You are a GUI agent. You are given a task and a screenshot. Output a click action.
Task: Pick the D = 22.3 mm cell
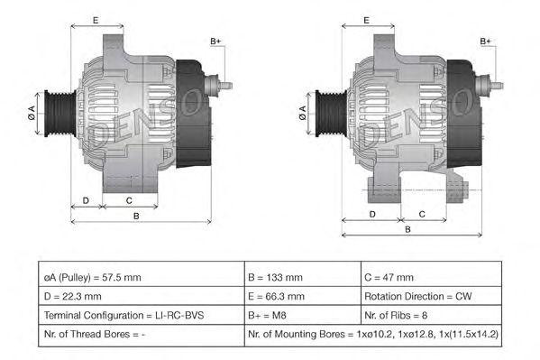(142, 296)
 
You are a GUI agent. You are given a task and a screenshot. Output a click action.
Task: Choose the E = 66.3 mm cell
(303, 296)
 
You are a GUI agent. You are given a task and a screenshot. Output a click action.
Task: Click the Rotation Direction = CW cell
(431, 296)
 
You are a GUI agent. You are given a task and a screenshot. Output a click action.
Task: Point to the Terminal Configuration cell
(142, 315)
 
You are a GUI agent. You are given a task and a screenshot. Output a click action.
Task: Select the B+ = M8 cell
(303, 315)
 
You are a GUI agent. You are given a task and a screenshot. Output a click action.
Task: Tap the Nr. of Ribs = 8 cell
(431, 315)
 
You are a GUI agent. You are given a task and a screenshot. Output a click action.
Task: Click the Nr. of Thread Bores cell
(142, 335)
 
